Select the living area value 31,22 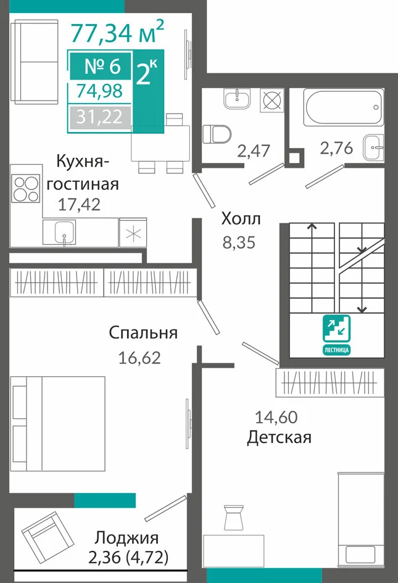click(99, 117)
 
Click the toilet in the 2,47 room click(217, 134)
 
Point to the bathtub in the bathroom click(344, 107)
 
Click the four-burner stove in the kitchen click(26, 189)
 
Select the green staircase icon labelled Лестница click(336, 334)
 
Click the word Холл click(241, 219)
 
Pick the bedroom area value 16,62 click(139, 358)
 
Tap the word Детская click(279, 437)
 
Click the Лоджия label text click(126, 537)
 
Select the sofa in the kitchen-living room click(35, 62)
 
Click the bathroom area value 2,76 click(337, 148)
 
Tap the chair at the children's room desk click(234, 518)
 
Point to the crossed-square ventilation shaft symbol click(272, 100)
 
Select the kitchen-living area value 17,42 click(79, 204)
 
